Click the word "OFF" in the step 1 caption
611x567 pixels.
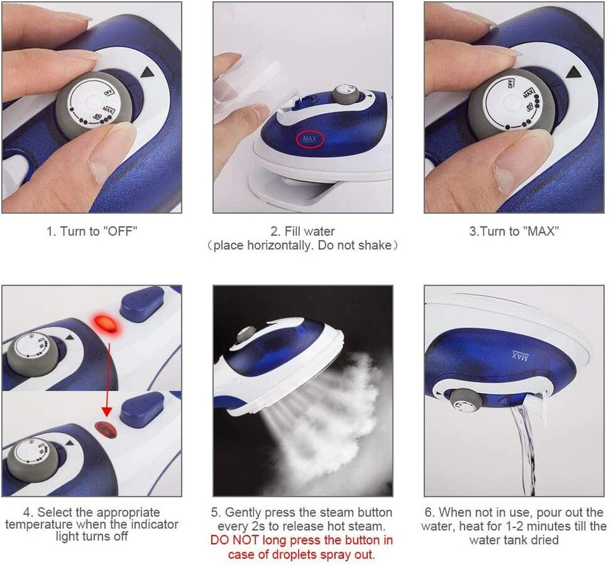point(120,232)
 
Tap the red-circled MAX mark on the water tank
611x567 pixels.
point(310,139)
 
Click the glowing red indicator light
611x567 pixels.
point(106,325)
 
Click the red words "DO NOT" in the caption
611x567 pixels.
point(233,540)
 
